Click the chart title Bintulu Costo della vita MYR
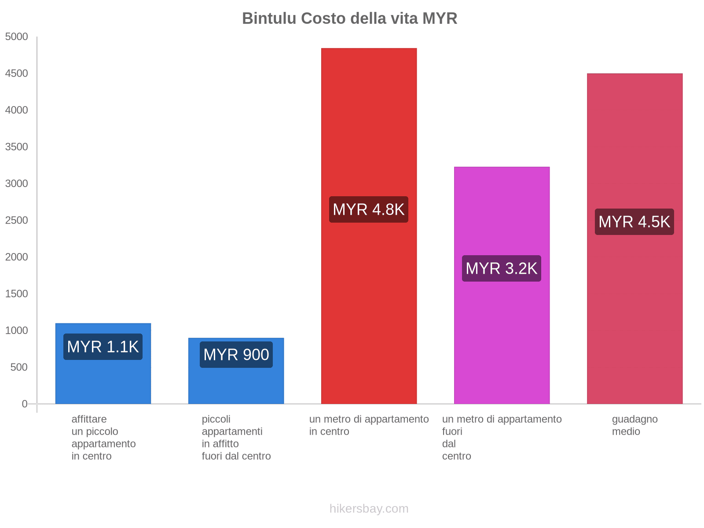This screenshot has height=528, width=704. [x=350, y=18]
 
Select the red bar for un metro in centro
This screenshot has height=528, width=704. [x=369, y=132]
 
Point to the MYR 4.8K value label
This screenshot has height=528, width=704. [x=369, y=209]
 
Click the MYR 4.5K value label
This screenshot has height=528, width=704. [x=634, y=222]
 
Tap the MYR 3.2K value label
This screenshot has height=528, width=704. [x=502, y=268]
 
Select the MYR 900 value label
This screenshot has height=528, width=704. [x=236, y=355]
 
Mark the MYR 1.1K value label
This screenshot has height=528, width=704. [x=103, y=347]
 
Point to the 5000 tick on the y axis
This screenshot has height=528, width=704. [x=17, y=37]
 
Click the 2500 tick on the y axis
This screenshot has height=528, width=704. [x=17, y=220]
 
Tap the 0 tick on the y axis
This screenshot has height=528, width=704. [x=25, y=404]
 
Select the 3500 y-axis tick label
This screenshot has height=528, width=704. [x=17, y=147]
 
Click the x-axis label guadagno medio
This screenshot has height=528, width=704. [x=634, y=425]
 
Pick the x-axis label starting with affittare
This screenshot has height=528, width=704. [x=103, y=437]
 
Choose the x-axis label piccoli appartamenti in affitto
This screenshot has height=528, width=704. [x=236, y=437]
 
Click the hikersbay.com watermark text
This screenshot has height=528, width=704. [x=369, y=509]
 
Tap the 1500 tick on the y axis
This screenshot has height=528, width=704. [x=17, y=294]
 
